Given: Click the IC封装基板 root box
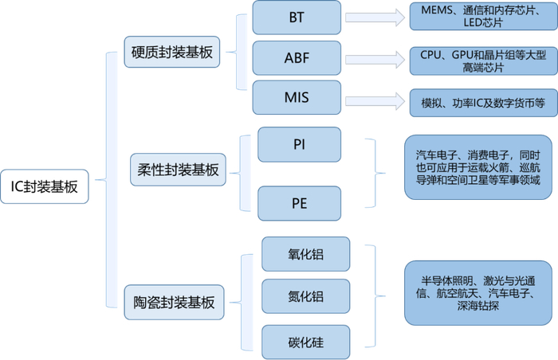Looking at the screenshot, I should point(45,187).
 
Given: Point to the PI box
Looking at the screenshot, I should point(299,144).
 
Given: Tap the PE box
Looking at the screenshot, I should point(299,202).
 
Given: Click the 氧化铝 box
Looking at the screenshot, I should point(305,254).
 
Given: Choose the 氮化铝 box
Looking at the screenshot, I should point(305,296).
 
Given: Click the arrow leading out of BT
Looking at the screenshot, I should point(375,17).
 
